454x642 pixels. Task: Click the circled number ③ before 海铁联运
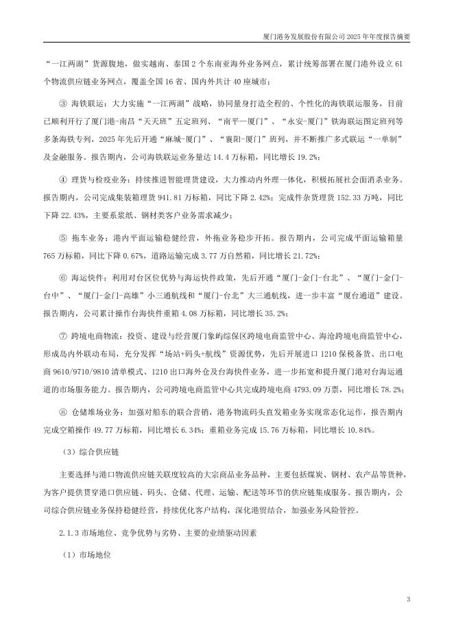(62, 104)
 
